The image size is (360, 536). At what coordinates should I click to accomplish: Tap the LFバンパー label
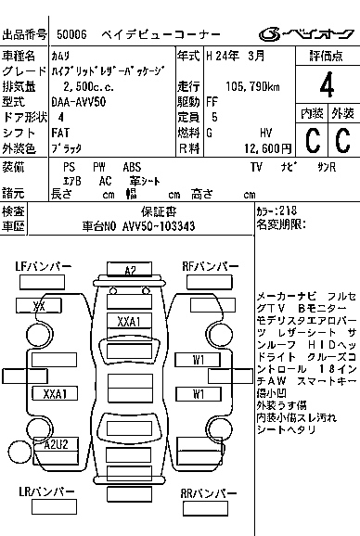44,267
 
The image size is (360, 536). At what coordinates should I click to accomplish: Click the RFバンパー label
209,267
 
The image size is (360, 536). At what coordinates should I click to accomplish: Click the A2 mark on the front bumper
130,270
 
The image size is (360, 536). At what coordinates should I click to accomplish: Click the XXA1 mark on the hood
130,321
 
